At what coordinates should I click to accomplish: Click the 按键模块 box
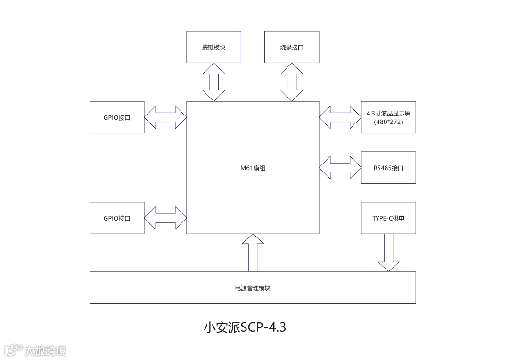click(213, 47)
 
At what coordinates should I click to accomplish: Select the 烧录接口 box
click(292, 47)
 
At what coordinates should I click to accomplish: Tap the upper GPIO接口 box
click(117, 117)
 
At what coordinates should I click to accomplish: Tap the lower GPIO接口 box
click(117, 218)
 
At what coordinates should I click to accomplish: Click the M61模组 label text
click(253, 168)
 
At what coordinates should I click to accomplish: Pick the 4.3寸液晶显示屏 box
click(388, 117)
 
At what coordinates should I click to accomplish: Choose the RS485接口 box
click(388, 168)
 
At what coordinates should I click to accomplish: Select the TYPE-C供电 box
click(388, 218)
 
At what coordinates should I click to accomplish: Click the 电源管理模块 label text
click(253, 288)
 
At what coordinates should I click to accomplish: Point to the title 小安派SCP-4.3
click(245, 327)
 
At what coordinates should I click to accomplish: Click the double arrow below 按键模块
click(213, 82)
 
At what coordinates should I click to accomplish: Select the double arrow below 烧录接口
click(292, 82)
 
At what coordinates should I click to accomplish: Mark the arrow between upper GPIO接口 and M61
click(165, 117)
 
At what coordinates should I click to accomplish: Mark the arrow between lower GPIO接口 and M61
click(165, 218)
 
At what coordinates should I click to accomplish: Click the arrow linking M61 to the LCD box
click(340, 117)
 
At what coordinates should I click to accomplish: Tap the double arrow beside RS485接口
click(340, 168)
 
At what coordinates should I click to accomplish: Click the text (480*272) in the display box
click(388, 122)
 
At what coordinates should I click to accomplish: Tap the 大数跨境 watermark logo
click(35, 350)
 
